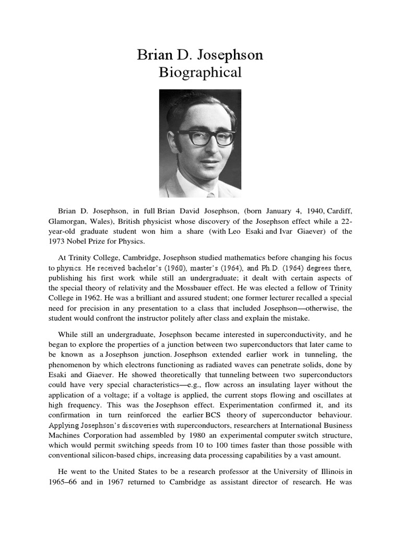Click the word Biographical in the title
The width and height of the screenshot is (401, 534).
pos(200,72)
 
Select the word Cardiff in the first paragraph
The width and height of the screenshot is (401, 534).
pos(337,211)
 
